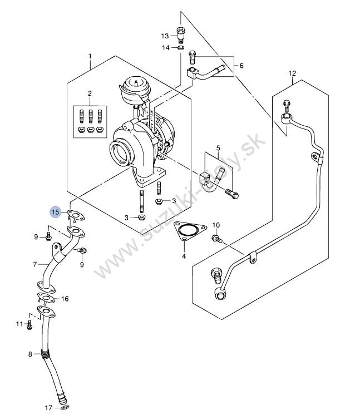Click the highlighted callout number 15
(56, 212)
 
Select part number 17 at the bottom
(49, 408)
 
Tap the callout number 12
(292, 73)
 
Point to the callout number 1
(90, 56)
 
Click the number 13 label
(165, 36)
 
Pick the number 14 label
(166, 48)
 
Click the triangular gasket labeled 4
(189, 231)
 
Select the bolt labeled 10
(216, 238)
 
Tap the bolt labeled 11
(29, 324)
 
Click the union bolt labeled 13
(180, 35)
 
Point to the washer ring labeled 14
(181, 48)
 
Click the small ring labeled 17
(65, 407)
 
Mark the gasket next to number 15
(76, 215)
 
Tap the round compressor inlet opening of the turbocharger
(121, 152)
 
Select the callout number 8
(30, 354)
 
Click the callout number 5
(218, 147)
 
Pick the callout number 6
(241, 66)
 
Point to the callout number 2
(90, 93)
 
